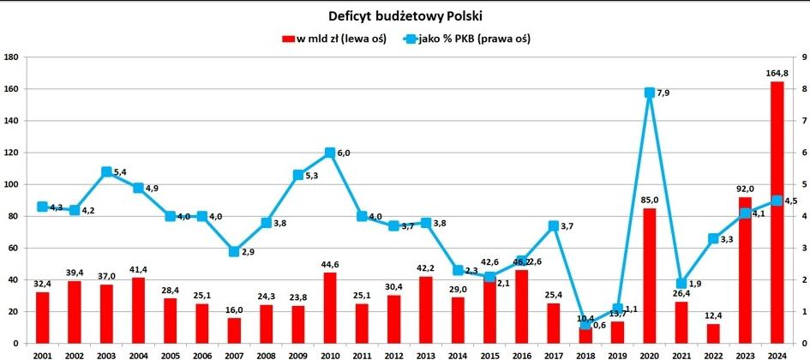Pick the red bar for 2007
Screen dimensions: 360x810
click(x=235, y=331)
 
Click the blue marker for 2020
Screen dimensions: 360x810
click(x=650, y=93)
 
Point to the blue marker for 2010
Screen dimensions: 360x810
click(x=330, y=153)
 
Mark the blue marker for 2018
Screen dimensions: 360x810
click(x=585, y=324)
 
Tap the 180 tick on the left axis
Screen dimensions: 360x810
click(x=12, y=57)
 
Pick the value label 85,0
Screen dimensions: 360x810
click(x=649, y=202)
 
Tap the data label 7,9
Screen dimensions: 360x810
click(x=663, y=93)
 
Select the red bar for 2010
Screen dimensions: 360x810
click(x=330, y=308)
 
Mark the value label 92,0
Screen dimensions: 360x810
click(x=745, y=190)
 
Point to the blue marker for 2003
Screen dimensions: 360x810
click(x=107, y=172)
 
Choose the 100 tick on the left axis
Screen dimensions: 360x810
click(x=12, y=184)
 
